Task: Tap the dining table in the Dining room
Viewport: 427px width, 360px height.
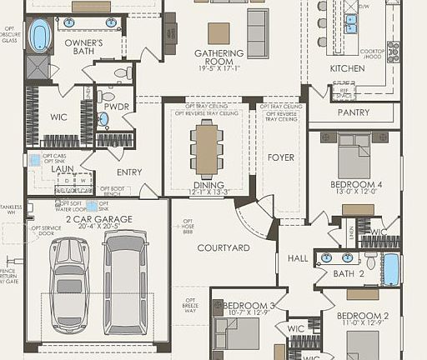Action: pyautogui.click(x=205, y=148)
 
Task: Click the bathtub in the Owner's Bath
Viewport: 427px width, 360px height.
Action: pyautogui.click(x=39, y=36)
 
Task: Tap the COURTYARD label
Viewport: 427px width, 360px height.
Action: pyautogui.click(x=224, y=247)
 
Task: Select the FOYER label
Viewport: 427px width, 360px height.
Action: pyautogui.click(x=280, y=157)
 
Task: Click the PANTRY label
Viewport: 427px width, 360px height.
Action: pyautogui.click(x=353, y=112)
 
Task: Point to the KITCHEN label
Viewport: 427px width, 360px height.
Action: pyautogui.click(x=347, y=68)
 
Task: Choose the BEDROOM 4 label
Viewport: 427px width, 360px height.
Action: pyautogui.click(x=356, y=183)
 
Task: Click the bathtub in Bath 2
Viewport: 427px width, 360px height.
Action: pyautogui.click(x=390, y=269)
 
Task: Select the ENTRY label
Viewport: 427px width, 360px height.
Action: pyautogui.click(x=129, y=172)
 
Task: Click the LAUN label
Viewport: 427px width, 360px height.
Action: pyautogui.click(x=63, y=168)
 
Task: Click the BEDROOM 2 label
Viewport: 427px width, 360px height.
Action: pyautogui.click(x=363, y=316)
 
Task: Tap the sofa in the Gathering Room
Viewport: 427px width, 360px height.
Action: pyautogui.click(x=257, y=33)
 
